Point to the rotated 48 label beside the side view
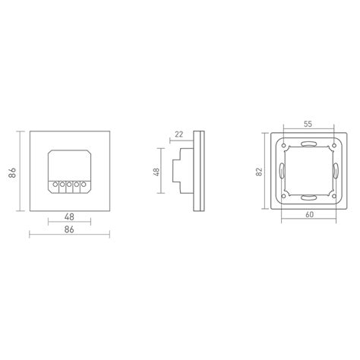point(157,173)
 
